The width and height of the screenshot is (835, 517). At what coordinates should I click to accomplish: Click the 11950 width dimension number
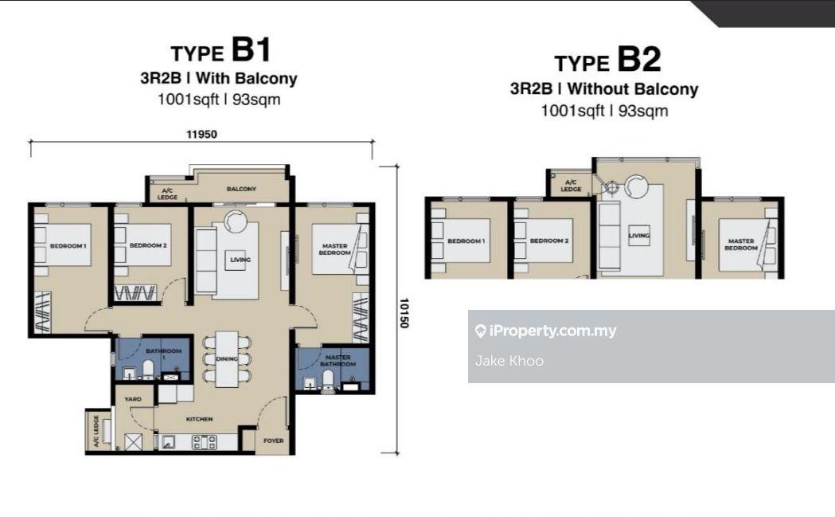[201, 134]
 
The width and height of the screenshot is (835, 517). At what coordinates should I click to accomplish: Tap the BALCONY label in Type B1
[240, 189]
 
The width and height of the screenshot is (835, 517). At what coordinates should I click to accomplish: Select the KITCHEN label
[199, 419]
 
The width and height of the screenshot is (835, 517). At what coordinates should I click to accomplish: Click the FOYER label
[273, 441]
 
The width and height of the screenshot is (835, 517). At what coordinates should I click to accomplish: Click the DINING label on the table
[227, 359]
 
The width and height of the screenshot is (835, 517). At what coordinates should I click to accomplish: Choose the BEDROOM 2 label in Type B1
[147, 245]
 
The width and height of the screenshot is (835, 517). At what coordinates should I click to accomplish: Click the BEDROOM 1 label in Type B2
[465, 241]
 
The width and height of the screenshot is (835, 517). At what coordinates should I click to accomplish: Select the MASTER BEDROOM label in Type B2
[740, 245]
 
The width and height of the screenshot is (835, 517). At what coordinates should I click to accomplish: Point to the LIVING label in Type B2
[638, 236]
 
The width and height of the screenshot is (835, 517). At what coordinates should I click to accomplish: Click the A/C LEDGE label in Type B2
[570, 186]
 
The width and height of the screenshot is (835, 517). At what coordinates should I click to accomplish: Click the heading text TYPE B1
[220, 52]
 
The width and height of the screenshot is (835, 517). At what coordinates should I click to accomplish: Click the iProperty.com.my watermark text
[552, 331]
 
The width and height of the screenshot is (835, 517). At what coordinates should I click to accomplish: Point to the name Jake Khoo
[509, 361]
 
